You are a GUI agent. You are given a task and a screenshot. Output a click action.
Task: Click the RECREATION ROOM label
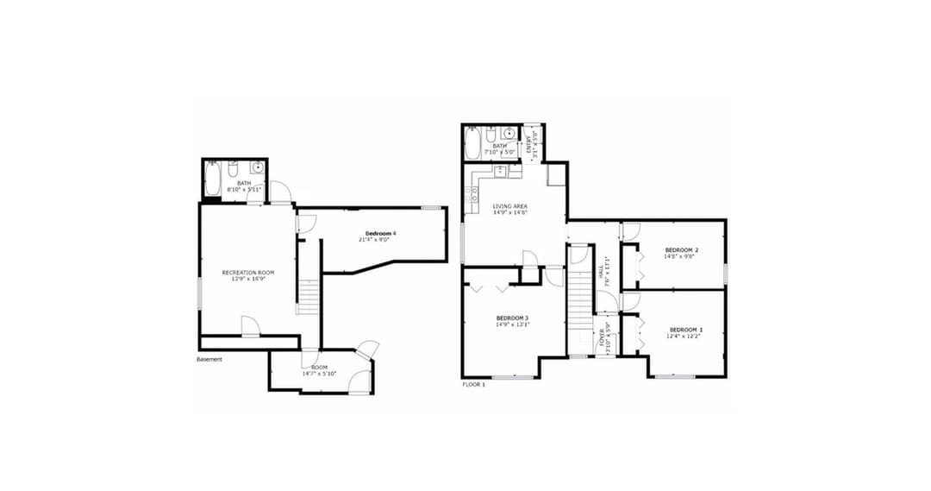pos(247,273)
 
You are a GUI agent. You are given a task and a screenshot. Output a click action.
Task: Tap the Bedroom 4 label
pos(380,234)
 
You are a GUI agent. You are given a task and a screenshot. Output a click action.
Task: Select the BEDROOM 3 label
pos(512,318)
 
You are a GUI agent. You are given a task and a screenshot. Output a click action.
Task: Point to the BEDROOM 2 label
pos(681,250)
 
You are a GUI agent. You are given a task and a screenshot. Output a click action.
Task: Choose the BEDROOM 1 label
pos(686,330)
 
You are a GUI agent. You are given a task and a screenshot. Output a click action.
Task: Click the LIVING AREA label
pos(509,206)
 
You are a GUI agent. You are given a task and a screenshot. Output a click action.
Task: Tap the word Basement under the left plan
pos(209,359)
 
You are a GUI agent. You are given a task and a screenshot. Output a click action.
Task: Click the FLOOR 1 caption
pos(474,384)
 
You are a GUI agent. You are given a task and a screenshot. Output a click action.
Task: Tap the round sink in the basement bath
pos(256,167)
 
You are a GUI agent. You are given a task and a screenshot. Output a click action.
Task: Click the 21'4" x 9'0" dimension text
pos(375,240)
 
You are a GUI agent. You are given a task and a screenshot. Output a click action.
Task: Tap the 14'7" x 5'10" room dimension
pos(319,374)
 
